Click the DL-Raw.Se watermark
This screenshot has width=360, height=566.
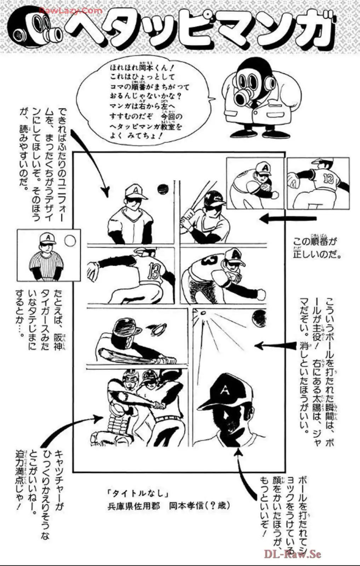coord(292,554)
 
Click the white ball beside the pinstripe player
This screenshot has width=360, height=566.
coord(70,241)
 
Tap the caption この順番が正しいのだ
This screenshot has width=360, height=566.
coord(316,248)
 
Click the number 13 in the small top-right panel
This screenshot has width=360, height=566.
coord(328,179)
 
